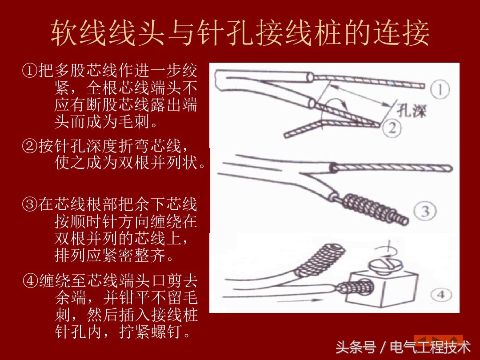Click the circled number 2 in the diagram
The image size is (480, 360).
coord(392,128)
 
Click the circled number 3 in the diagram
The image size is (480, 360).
coord(425,212)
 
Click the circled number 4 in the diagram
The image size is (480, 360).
coord(441,294)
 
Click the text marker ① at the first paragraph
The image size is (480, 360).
coord(30,71)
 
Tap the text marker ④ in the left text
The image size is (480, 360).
coord(30,281)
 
